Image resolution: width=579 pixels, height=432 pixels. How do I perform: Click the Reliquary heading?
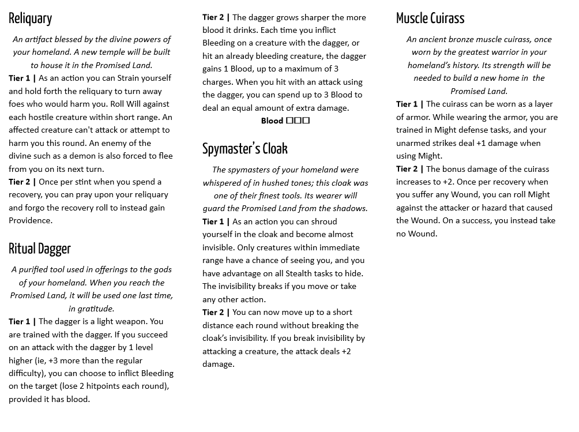(x=30, y=18)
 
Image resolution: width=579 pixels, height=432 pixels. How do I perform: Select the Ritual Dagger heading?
(x=40, y=249)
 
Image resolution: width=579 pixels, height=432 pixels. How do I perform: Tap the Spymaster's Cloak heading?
(x=245, y=149)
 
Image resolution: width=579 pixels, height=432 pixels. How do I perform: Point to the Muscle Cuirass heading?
(x=430, y=18)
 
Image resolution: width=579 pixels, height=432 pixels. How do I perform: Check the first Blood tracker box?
(x=289, y=121)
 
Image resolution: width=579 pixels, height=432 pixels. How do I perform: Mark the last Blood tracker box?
(x=306, y=121)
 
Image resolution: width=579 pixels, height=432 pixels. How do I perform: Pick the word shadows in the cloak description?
(x=348, y=208)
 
